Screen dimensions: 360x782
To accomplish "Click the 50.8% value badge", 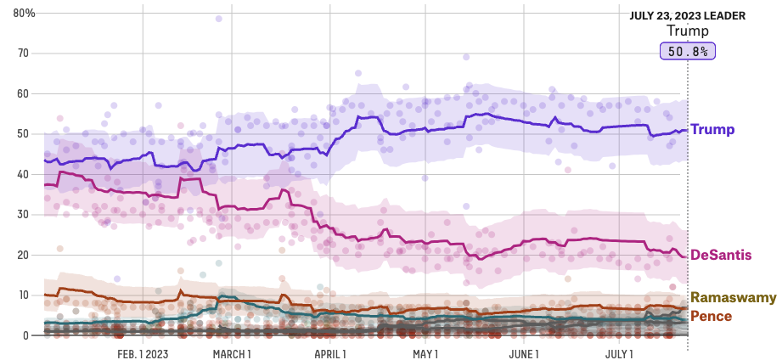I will click(x=688, y=52).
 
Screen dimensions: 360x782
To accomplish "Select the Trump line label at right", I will click(x=712, y=130).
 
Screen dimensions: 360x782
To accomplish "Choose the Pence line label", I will click(x=711, y=316).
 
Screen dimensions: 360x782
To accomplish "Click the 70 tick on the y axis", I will click(x=22, y=53).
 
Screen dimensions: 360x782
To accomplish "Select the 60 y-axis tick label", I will click(x=22, y=93).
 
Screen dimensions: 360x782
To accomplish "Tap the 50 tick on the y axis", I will click(x=22, y=134).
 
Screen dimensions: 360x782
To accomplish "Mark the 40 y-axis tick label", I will click(x=22, y=174).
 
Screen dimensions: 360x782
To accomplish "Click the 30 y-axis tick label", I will click(x=22, y=215).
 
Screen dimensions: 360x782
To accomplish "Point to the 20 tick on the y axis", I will click(x=22, y=255).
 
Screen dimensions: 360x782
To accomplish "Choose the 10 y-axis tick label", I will click(x=22, y=295).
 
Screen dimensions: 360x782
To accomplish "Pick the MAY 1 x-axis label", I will click(x=425, y=352).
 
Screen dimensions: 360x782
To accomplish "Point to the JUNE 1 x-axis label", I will click(x=525, y=352).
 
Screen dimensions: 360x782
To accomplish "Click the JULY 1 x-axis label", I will click(x=619, y=352).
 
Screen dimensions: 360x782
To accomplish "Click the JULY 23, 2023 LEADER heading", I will click(x=687, y=15).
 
